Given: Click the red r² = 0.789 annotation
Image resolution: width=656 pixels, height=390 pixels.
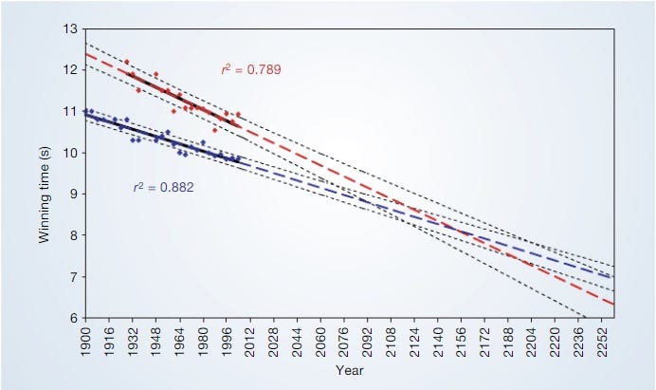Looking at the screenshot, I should [x=250, y=69].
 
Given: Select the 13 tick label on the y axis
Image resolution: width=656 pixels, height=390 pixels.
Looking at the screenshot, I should [x=68, y=29].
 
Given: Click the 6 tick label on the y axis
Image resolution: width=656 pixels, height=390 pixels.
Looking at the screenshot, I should [x=72, y=318].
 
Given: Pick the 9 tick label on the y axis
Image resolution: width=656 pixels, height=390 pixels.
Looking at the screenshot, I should [x=72, y=195].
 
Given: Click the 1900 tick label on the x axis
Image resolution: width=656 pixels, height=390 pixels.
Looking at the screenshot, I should [x=85, y=339].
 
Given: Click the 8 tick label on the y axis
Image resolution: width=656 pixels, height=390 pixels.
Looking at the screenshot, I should [x=72, y=235].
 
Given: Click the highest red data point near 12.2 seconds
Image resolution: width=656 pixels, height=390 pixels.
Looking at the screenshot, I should [x=126, y=62].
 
